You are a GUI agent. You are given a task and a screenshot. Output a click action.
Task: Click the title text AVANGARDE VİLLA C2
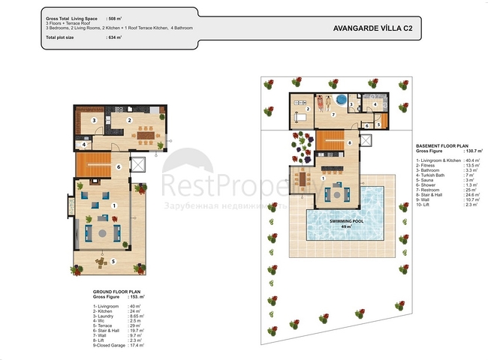point(371,28)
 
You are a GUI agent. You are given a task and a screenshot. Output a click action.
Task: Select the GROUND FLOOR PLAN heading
point(116,293)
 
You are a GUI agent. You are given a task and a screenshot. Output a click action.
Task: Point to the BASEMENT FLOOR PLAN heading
point(442,146)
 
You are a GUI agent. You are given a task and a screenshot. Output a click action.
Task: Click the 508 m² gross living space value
point(116,16)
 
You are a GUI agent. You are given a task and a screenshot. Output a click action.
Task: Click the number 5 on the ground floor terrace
point(113,261)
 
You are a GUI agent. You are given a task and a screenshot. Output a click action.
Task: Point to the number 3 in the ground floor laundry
point(94,120)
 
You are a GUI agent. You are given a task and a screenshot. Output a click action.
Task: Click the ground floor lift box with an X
point(139,166)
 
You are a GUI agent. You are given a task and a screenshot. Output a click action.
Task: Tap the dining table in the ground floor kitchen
point(143,135)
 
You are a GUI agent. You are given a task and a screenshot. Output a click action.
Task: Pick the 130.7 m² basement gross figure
point(474,151)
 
